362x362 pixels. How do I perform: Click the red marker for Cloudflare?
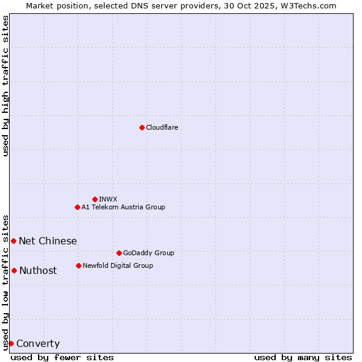click(x=142, y=127)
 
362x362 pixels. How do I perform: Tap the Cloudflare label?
click(x=162, y=127)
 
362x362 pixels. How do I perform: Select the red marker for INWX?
click(x=95, y=199)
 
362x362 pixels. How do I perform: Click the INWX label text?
click(x=108, y=199)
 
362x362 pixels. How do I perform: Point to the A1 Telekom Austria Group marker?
click(x=77, y=207)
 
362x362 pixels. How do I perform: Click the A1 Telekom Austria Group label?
click(x=123, y=207)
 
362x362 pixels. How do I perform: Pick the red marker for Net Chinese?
click(x=13, y=241)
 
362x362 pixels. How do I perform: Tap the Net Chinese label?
click(x=48, y=241)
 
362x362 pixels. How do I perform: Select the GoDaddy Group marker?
click(x=119, y=253)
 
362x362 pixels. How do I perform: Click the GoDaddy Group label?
click(x=148, y=253)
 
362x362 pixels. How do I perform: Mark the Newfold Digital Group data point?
click(x=78, y=265)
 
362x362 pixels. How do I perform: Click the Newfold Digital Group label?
click(x=118, y=265)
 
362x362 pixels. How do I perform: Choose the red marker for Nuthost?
click(x=14, y=270)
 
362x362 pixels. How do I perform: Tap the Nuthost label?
click(x=38, y=270)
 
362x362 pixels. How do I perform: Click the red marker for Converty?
click(x=11, y=343)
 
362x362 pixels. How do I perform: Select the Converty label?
click(x=38, y=344)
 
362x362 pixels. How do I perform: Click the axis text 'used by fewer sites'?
click(x=62, y=357)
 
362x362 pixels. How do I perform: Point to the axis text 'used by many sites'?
click(x=303, y=357)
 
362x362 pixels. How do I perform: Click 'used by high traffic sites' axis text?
click(x=5, y=86)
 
